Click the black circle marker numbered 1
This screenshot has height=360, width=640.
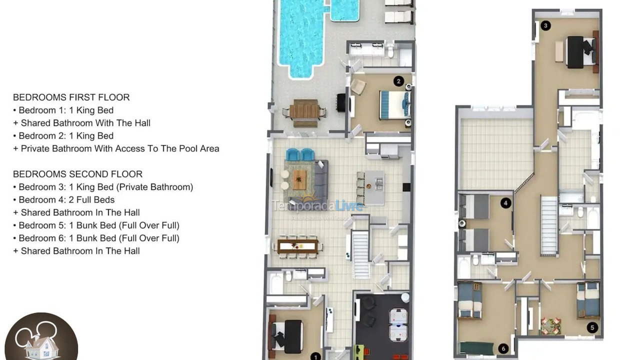[x=315, y=356]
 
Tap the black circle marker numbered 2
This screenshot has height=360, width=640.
[x=398, y=81]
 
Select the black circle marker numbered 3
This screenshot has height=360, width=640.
[x=546, y=25]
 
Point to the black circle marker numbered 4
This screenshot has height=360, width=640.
[x=506, y=203]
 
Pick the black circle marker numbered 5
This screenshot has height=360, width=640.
[x=592, y=328]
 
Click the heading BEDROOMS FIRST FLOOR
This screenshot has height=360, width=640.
[x=71, y=97]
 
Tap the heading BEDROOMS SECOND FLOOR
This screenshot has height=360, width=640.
[x=77, y=174]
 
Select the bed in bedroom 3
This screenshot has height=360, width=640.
[x=580, y=52]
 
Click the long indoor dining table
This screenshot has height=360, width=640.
[x=298, y=246]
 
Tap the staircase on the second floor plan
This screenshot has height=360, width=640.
[x=549, y=225]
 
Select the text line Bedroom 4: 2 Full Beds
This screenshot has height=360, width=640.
[x=66, y=200]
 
